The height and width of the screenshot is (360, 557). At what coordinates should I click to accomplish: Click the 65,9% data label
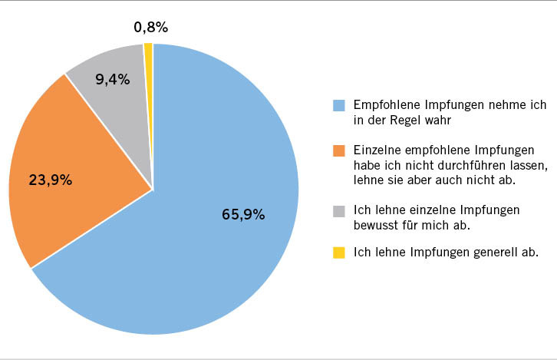coord(243,215)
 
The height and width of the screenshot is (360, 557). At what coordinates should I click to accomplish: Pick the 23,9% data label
coord(51,180)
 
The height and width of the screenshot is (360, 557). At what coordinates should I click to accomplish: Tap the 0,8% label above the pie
coord(150,28)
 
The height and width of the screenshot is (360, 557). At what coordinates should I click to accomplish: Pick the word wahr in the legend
coord(441,120)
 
